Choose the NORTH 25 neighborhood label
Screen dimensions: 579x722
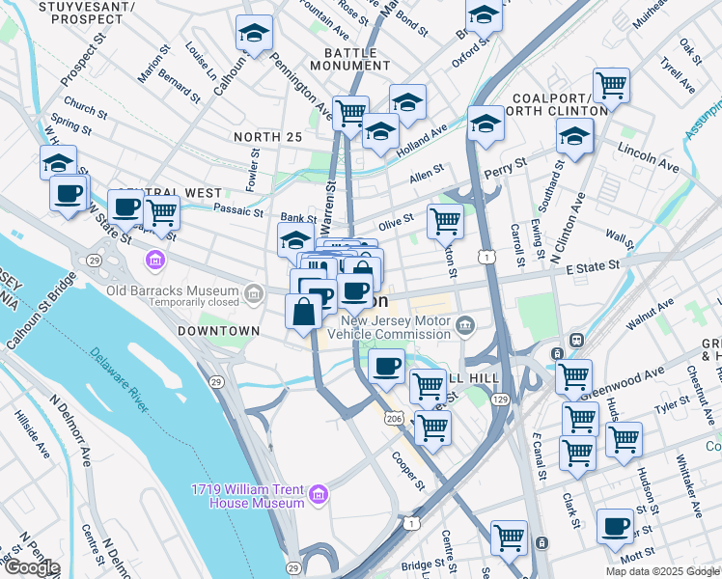click(267, 137)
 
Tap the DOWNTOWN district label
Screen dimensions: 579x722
click(219, 331)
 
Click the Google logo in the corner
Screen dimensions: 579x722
click(31, 567)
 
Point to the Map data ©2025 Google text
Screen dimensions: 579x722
click(661, 571)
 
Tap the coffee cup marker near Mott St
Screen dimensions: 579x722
click(615, 527)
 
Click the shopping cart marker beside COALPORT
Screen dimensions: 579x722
click(611, 86)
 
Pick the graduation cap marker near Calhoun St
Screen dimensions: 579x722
click(254, 35)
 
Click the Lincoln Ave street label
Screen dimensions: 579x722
click(649, 160)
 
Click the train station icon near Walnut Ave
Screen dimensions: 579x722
click(576, 340)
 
